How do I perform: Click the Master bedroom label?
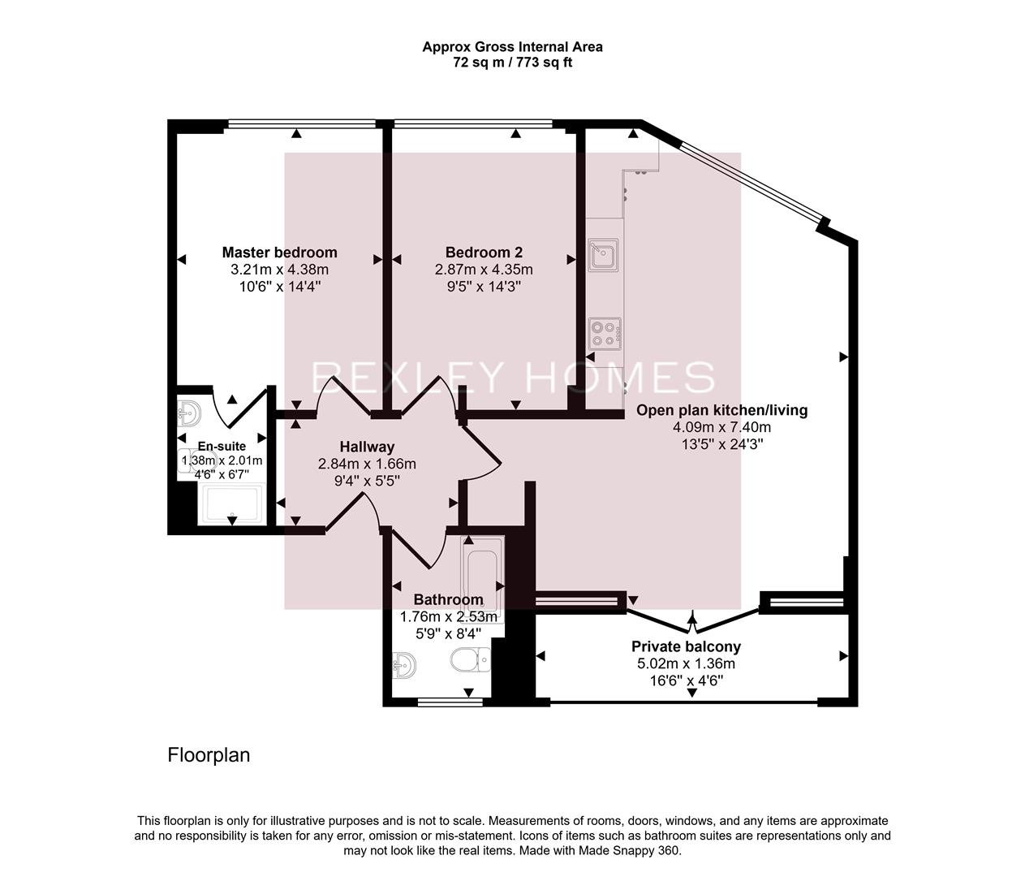[x=279, y=252]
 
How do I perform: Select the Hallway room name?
[x=367, y=447]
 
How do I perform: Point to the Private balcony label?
[x=686, y=647]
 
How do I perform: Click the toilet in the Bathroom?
[x=470, y=659]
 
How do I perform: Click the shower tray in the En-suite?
[x=232, y=504]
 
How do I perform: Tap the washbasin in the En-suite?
[x=188, y=413]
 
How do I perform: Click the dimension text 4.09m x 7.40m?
[x=721, y=427]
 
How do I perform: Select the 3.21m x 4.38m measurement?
[x=279, y=270]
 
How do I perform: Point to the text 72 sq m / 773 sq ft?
[x=512, y=63]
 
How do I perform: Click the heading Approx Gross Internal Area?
[x=512, y=47]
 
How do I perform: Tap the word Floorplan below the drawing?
[x=209, y=755]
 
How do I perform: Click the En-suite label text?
[x=222, y=447]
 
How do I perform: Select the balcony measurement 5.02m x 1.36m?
[x=686, y=663]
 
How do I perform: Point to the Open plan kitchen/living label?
[x=721, y=410]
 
